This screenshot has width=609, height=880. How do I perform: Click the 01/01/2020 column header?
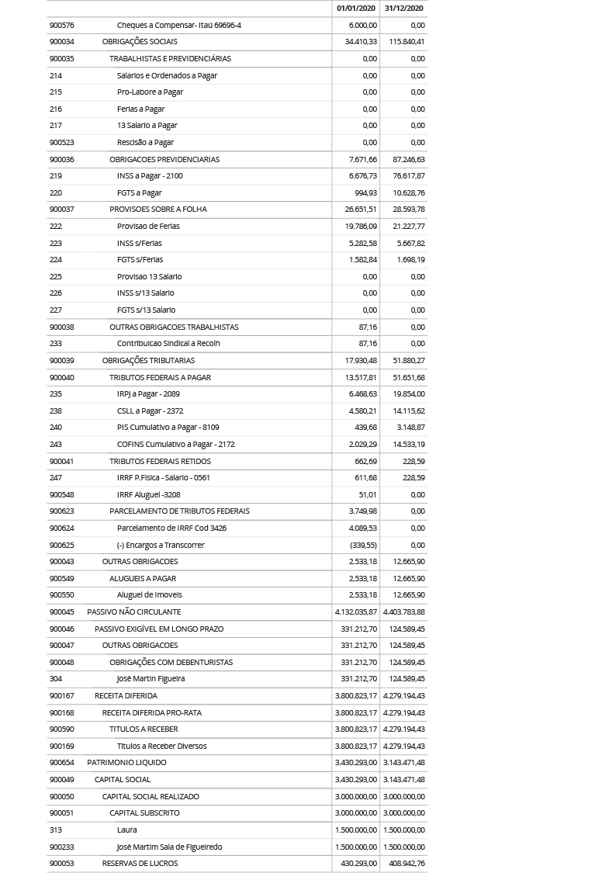point(356,8)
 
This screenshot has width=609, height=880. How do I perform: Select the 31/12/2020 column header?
point(403,8)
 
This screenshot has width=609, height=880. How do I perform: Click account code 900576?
point(61,25)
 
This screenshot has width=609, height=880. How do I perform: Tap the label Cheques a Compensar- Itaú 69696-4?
point(178,25)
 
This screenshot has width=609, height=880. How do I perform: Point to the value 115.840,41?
point(407,42)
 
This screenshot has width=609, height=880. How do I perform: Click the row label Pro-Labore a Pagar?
point(150,92)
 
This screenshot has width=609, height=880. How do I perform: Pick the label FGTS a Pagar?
point(139,192)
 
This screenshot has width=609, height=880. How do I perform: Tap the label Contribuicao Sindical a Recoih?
point(168,343)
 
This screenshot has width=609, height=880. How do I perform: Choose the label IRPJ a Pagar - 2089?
point(148,393)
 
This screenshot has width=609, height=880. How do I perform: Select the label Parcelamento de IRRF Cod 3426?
point(171,528)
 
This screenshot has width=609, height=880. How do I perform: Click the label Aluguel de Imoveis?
point(149,594)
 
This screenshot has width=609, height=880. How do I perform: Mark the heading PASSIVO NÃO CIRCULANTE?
point(133,611)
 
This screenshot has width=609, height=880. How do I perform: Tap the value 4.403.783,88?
point(403,611)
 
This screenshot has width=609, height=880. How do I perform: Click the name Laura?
point(126,830)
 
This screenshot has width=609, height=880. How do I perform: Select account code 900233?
point(61,847)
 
